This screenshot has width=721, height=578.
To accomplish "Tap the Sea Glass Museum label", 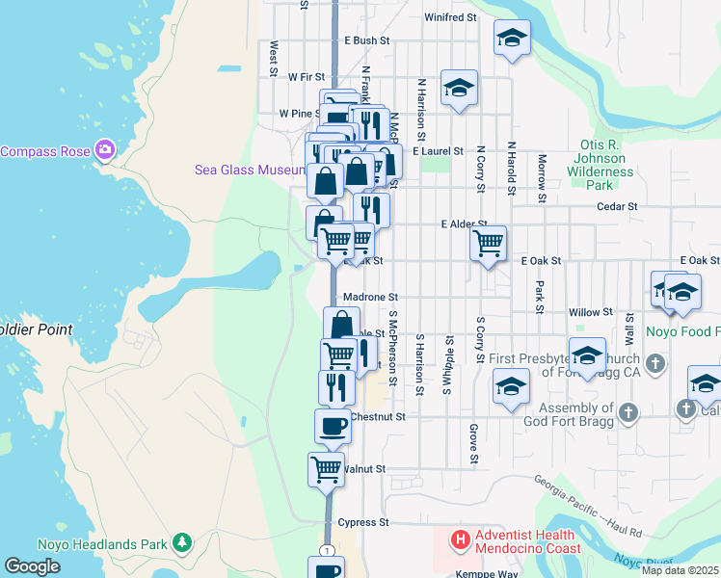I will coord(250,170).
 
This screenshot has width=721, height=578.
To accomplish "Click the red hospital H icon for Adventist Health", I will coord(460,541).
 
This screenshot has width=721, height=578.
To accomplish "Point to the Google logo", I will coord(32,566).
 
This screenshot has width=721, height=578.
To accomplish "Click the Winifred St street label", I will coord(450,17).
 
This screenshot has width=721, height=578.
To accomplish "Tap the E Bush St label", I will coord(366,41).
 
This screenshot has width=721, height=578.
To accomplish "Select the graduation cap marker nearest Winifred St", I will coord(512,39).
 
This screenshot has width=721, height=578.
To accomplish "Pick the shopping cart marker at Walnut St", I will coord(327,470).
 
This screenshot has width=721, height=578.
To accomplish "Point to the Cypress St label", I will coord(363,522).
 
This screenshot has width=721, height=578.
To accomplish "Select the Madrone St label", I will coord(370,298).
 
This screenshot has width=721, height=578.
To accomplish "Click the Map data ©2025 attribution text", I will coord(680,570).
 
